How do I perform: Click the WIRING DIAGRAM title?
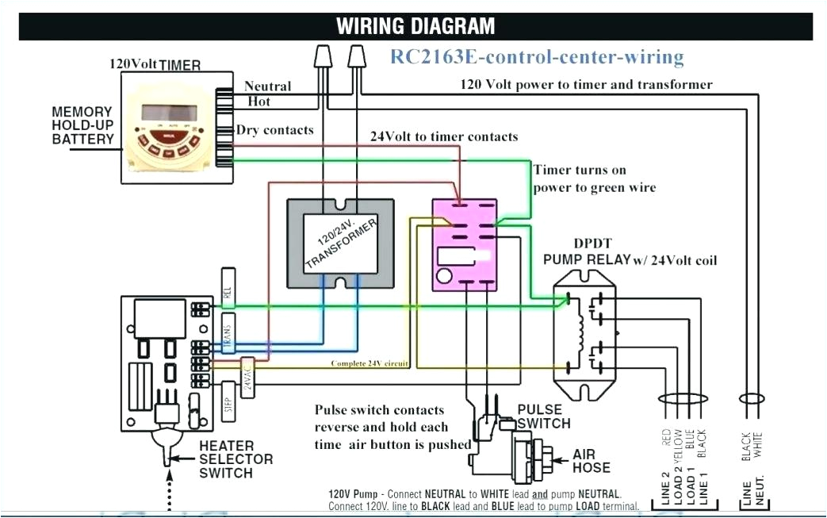415,25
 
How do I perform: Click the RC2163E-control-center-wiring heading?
536,57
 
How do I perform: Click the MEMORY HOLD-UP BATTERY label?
83,125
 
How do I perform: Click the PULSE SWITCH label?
543,416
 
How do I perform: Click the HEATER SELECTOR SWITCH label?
235,459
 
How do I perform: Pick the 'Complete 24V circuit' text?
370,364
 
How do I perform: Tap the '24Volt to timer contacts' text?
444,136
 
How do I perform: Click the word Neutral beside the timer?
267,86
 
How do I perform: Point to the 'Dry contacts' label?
274,130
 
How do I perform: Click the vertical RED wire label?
664,439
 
